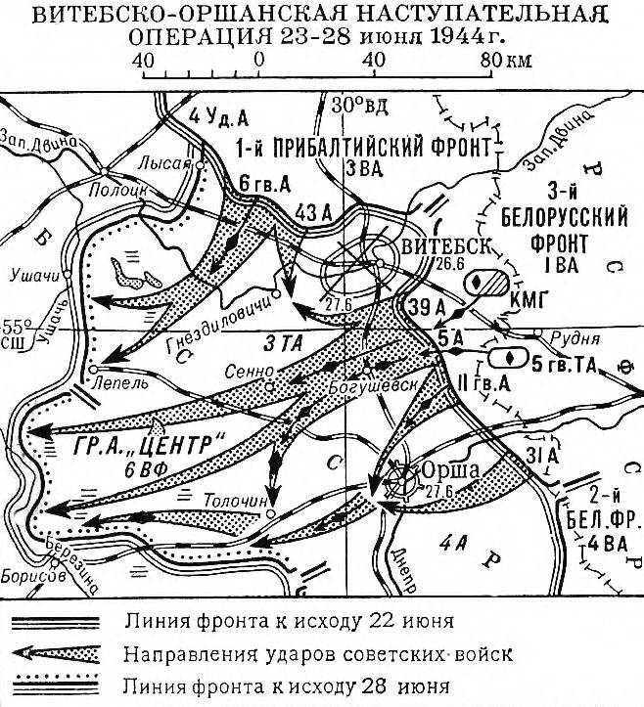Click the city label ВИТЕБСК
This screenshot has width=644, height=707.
pyautogui.click(x=445, y=246)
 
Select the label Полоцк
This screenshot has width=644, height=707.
pyautogui.click(x=118, y=191)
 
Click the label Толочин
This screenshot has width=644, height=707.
pyautogui.click(x=236, y=500)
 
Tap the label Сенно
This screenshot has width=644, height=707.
pyautogui.click(x=249, y=372)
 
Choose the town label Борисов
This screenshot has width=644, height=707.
pyautogui.click(x=33, y=576)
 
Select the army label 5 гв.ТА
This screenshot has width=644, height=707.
pyautogui.click(x=564, y=365)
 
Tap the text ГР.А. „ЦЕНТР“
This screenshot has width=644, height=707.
pyautogui.click(x=149, y=445)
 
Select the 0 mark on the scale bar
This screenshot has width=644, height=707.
pyautogui.click(x=258, y=60)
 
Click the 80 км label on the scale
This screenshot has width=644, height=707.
pyautogui.click(x=506, y=60)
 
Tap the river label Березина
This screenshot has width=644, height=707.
pyautogui.click(x=71, y=564)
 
